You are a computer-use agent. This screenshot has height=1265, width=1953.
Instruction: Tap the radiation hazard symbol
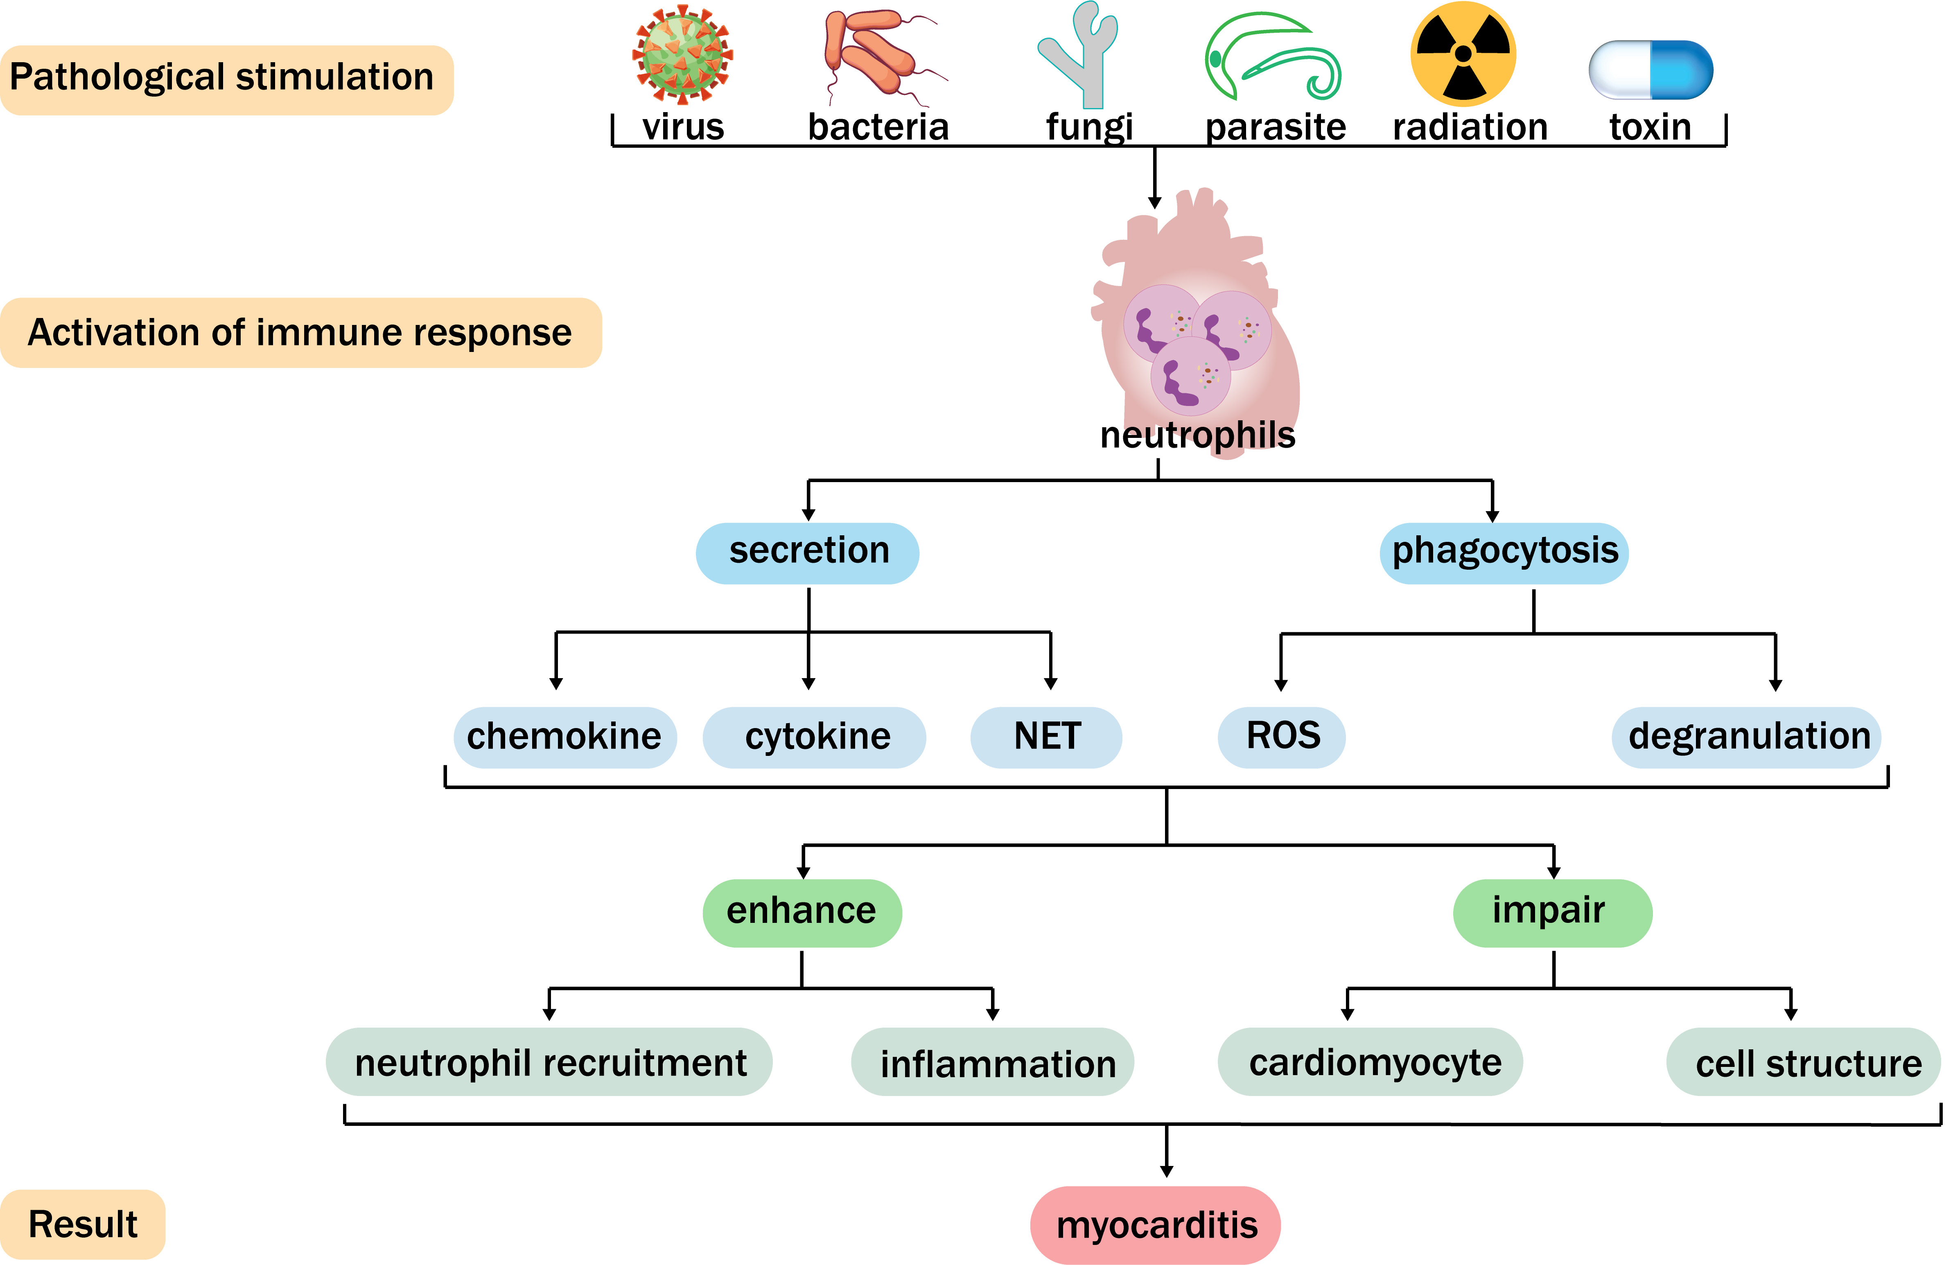tap(1463, 54)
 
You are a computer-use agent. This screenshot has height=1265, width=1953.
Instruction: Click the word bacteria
tap(878, 127)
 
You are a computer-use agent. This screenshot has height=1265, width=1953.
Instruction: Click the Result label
tap(83, 1224)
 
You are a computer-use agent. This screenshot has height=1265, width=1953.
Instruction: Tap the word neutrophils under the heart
tap(1197, 435)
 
